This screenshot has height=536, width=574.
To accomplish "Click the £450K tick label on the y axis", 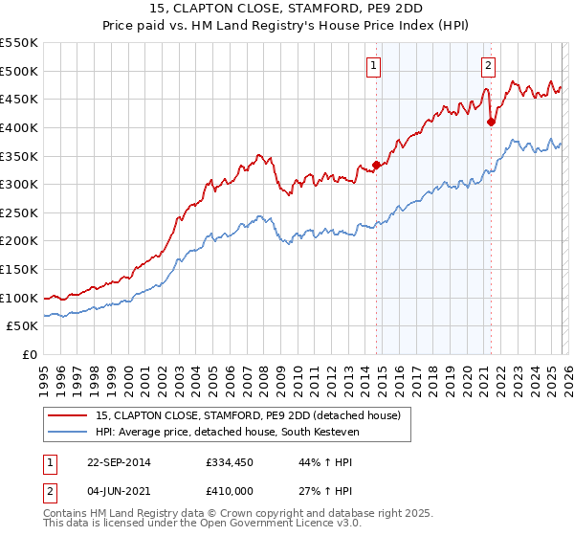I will tap(19, 99).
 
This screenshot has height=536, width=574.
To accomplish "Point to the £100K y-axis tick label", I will tap(19, 298).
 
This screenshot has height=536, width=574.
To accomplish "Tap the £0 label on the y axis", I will tap(30, 354).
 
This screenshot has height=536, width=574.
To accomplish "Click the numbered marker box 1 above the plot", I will tap(372, 65).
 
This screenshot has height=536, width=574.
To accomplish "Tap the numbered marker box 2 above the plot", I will tap(488, 65).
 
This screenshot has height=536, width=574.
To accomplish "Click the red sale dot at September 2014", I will tap(376, 165).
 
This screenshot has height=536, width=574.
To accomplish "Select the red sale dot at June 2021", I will tap(491, 122).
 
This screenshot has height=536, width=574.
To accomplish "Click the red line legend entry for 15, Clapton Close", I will tap(254, 415).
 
